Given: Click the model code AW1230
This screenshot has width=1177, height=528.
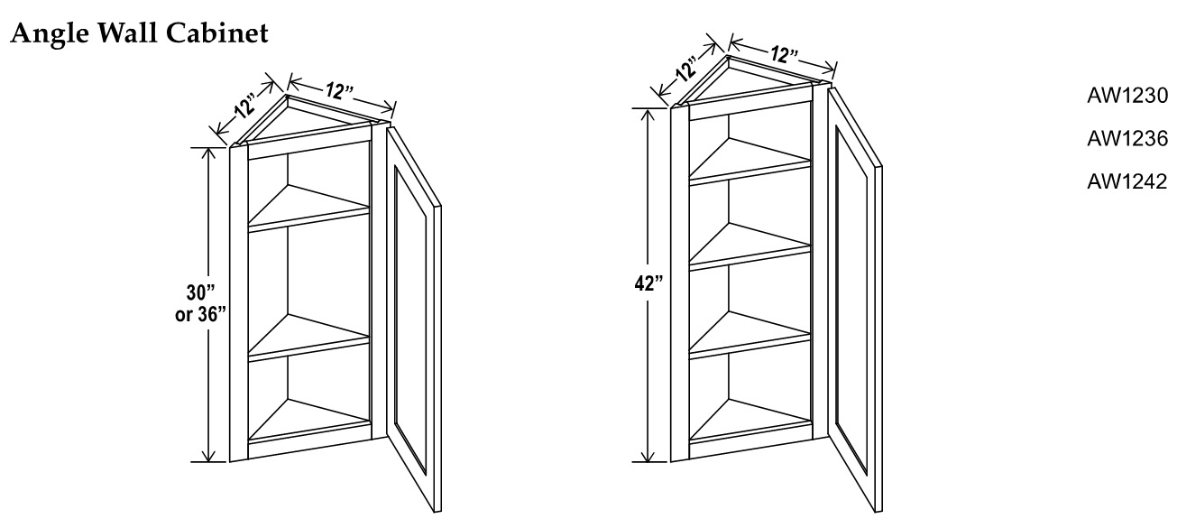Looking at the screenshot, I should pos(1127,97).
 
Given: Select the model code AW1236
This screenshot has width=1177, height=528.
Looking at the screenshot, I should pos(1127,139).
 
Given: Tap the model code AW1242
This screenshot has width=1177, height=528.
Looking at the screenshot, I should pos(1127,182).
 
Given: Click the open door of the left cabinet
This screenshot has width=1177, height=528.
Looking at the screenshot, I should pos(415,307).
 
